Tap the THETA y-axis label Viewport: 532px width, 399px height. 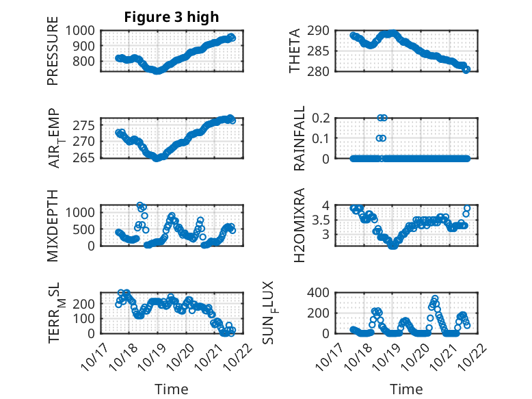coord(295,51)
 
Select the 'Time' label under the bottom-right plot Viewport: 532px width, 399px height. coord(406,389)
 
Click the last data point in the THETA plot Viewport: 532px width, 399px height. coord(466,69)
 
